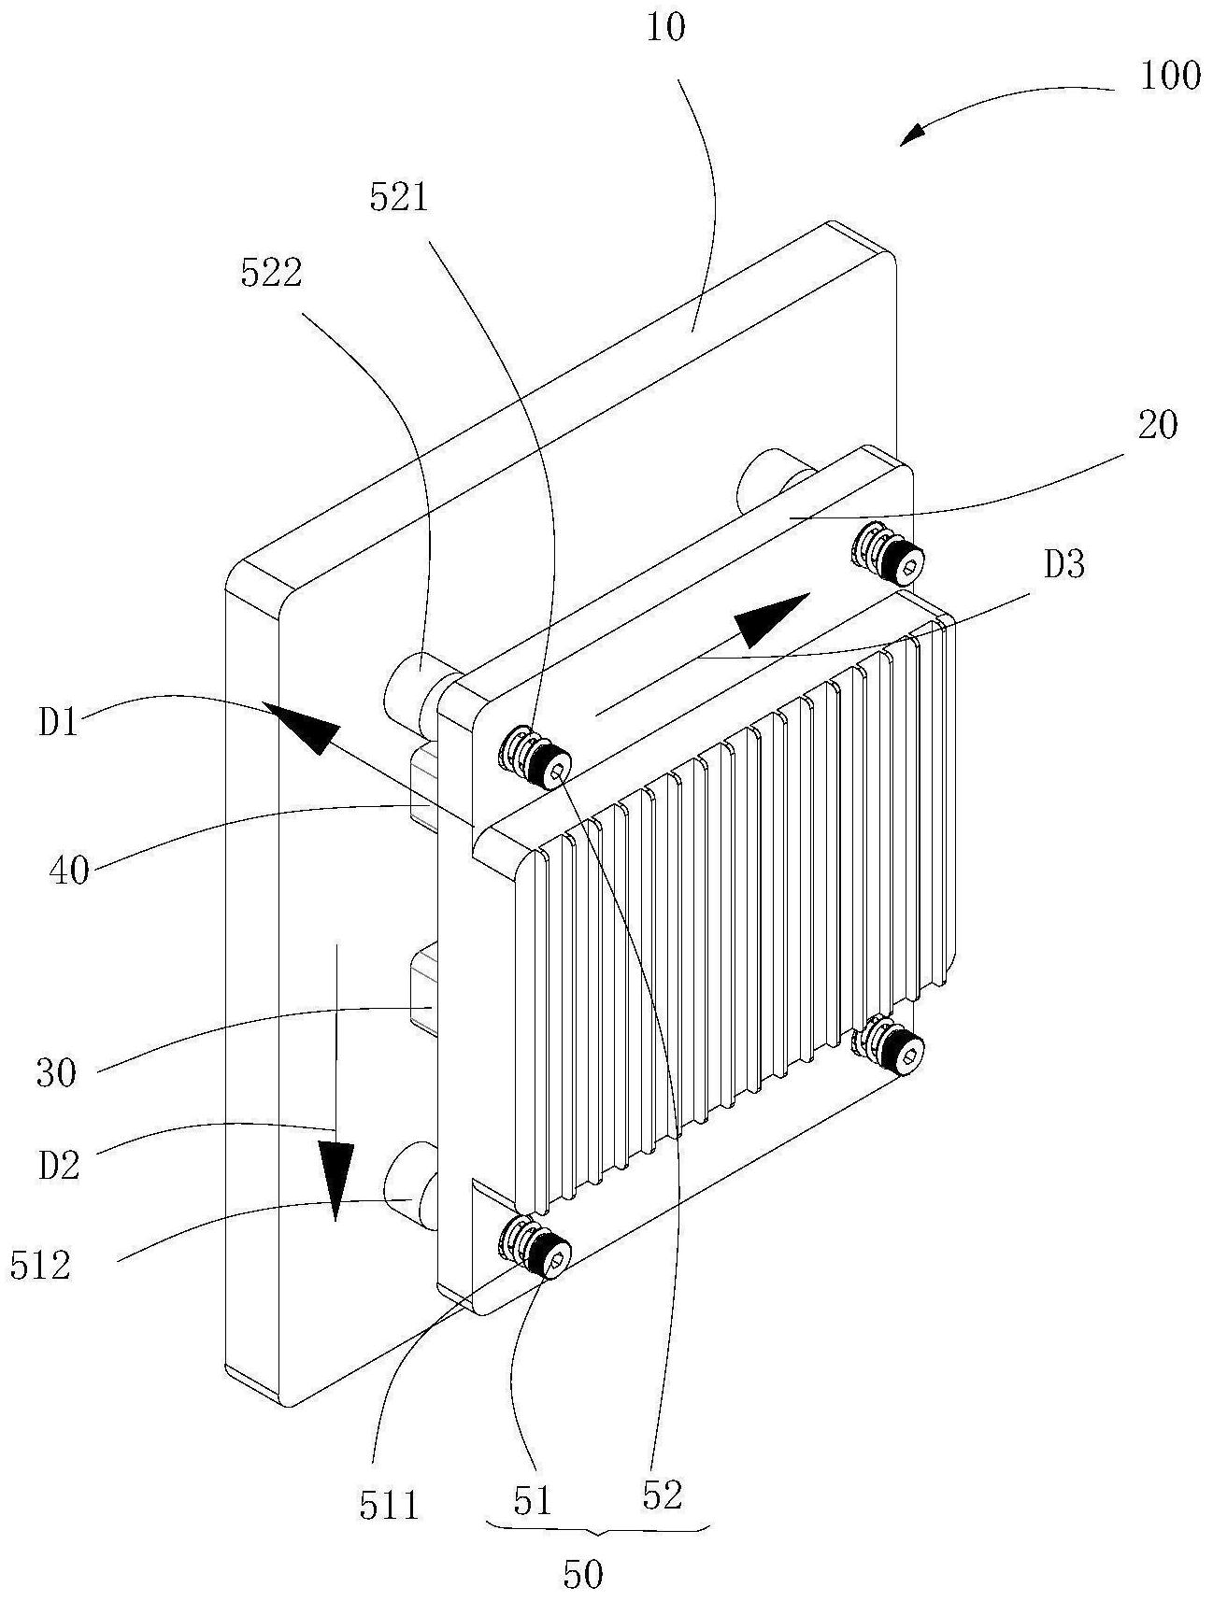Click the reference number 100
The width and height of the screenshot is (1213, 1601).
point(1169,76)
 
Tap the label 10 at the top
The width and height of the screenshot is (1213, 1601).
point(664,28)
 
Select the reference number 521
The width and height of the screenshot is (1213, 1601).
point(399,198)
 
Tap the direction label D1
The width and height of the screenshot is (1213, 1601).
point(59,724)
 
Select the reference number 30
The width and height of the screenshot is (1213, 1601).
point(56,1073)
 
